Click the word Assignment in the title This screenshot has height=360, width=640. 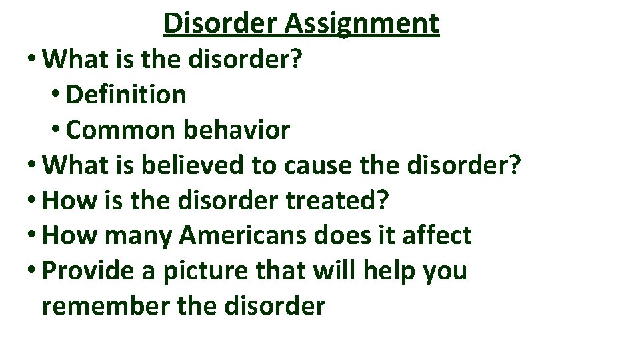click(362, 24)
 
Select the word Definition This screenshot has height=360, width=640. click(127, 95)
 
